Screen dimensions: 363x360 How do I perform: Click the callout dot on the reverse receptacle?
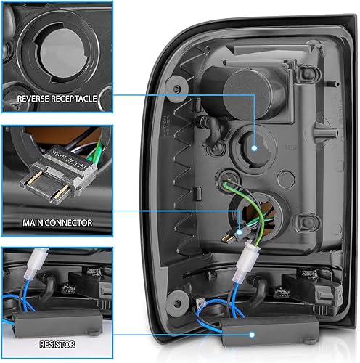click(x=256, y=147)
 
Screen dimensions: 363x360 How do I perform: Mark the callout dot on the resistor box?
click(x=253, y=335)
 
